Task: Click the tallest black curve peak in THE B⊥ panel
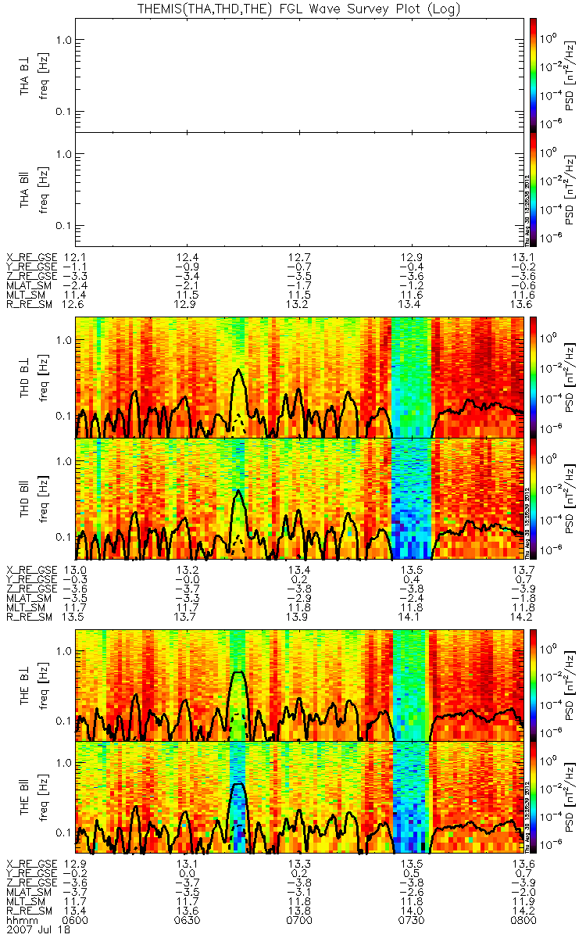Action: [240, 673]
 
